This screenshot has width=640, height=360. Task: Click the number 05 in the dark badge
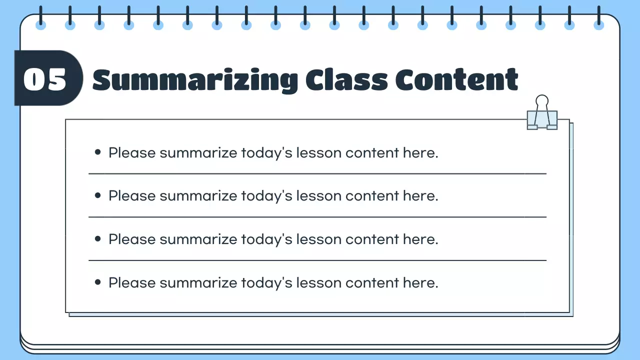coord(45,79)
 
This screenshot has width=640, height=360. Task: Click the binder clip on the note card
coord(542,119)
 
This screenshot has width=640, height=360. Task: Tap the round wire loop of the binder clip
coord(542,101)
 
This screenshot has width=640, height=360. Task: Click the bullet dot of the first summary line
coord(98,152)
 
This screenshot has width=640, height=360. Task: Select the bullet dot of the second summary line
coord(98,195)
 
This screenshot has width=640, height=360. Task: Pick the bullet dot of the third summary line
coord(98,239)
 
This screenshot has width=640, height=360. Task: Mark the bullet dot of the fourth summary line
coord(98,282)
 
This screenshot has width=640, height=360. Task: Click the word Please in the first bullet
coord(132,152)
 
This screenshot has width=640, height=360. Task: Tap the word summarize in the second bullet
coord(198,196)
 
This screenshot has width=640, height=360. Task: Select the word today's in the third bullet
coord(266,239)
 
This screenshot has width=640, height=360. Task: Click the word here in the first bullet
coord(420,152)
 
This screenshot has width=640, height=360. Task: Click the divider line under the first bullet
coord(317,174)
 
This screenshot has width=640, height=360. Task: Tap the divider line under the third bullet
coord(317,260)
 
